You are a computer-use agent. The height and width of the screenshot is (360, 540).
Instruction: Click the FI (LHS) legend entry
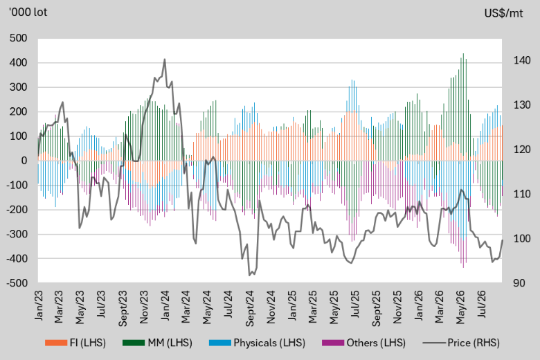(x=75, y=343)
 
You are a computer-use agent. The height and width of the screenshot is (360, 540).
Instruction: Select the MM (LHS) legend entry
(x=157, y=343)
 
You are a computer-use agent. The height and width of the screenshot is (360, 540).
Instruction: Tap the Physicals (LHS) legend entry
(x=258, y=343)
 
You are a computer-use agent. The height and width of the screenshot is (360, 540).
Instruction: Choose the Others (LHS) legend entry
(x=363, y=343)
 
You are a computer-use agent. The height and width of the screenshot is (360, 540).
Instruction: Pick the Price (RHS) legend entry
(x=461, y=343)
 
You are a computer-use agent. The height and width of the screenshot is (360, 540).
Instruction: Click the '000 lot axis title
(x=28, y=12)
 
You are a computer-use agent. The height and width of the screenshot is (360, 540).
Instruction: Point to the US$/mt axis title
(x=503, y=13)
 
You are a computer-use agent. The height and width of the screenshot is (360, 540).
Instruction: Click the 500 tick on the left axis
(x=19, y=38)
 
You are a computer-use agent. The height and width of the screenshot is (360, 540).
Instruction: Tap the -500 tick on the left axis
(x=17, y=283)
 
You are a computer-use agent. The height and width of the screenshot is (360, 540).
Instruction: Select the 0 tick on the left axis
(x=24, y=161)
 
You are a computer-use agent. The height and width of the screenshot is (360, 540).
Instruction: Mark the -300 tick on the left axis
(x=17, y=234)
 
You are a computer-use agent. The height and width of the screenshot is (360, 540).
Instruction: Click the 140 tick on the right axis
(x=522, y=60)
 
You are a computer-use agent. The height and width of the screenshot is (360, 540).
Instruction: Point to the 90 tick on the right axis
(x=519, y=283)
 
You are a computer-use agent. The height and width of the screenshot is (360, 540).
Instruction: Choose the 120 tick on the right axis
(x=522, y=150)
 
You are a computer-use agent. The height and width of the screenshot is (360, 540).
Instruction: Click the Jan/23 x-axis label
(x=39, y=305)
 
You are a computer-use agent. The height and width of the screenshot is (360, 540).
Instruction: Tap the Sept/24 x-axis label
(x=250, y=308)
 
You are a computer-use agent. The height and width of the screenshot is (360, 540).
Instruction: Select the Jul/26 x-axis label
(x=482, y=304)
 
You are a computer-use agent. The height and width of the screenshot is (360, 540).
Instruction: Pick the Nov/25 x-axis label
(x=397, y=307)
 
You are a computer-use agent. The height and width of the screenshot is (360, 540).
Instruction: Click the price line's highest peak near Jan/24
(x=165, y=59)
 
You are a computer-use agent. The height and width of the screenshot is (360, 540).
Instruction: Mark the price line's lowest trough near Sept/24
(x=249, y=276)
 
